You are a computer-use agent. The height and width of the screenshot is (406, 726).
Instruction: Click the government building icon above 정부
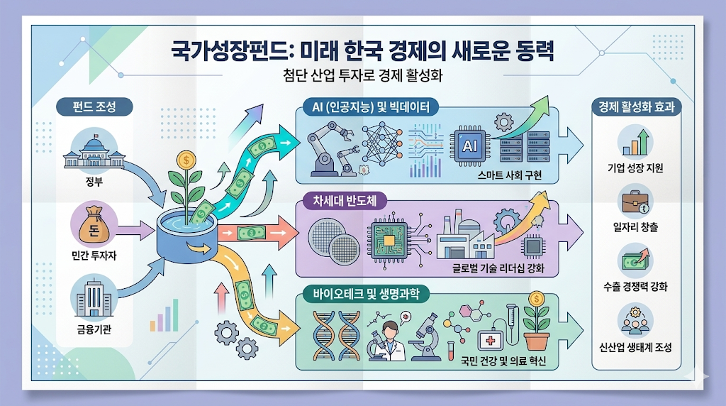coord(89,153)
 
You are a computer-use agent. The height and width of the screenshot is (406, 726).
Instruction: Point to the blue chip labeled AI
coord(469,145)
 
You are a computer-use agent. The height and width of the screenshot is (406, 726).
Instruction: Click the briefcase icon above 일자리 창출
coord(635,203)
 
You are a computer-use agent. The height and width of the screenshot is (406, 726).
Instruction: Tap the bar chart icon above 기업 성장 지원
coord(635,141)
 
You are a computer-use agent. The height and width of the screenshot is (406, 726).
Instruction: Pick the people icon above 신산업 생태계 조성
coord(635,321)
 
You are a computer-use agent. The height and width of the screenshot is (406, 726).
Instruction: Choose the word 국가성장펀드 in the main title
coord(223,51)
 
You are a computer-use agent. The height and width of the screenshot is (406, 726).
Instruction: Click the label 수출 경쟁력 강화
coord(634,287)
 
